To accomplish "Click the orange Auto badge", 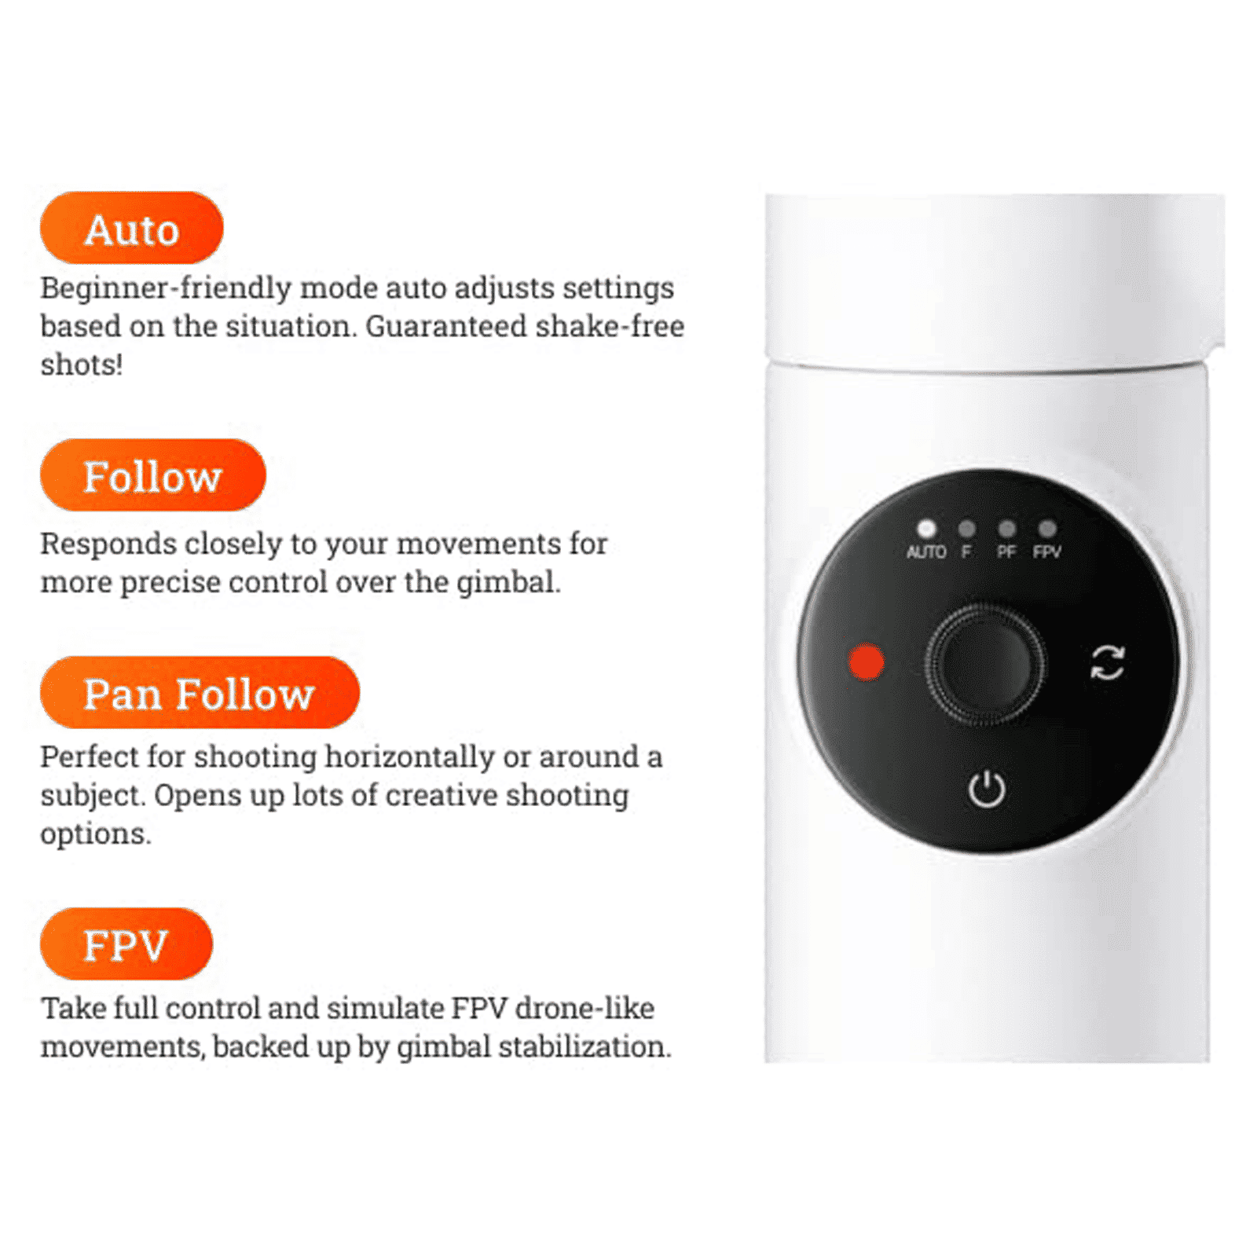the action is click(131, 228).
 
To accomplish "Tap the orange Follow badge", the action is click(152, 475).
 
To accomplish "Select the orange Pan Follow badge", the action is click(200, 693).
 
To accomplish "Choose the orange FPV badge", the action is click(126, 944).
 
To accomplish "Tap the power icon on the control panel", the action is click(986, 789).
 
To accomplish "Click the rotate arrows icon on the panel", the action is click(1108, 662).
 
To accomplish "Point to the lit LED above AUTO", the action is click(926, 528).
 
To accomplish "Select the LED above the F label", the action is click(966, 528).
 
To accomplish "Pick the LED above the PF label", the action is click(1006, 528).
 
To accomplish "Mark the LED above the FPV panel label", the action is click(1047, 528).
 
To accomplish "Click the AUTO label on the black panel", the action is click(926, 552).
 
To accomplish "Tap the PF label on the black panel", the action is click(1006, 552).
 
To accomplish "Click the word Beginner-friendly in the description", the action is click(166, 288).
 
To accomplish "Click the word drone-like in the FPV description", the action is click(585, 1008).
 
